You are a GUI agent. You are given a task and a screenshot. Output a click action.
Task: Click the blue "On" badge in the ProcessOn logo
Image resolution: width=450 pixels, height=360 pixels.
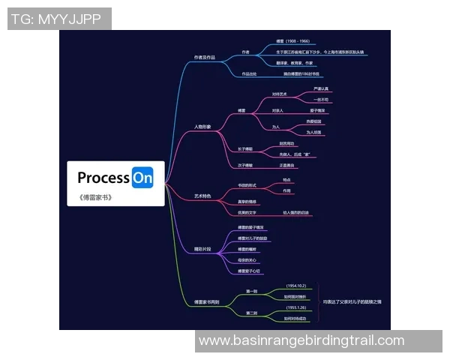tap(142, 178)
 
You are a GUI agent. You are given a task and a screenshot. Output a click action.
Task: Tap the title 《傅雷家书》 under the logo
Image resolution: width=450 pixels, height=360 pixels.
tap(94, 198)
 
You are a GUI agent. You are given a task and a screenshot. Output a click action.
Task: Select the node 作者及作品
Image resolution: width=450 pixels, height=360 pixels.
tap(205, 57)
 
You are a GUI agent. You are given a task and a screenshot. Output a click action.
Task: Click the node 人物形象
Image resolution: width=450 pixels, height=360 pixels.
tap(202, 127)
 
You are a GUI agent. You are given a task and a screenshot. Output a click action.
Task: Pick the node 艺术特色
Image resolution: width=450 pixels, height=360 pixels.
tap(202, 196)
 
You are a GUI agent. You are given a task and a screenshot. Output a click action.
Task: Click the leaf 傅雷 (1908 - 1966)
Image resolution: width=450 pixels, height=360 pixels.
tap(292, 41)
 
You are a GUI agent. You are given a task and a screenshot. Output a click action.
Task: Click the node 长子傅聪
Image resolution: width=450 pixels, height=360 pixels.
tap(245, 148)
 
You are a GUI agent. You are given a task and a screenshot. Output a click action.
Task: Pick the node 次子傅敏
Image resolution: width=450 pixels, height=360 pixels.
tap(245, 165)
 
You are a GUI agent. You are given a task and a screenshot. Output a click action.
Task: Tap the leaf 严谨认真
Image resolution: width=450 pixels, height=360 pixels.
tap(320, 88)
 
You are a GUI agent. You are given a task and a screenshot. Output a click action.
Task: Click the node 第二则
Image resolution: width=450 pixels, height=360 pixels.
tap(252, 313)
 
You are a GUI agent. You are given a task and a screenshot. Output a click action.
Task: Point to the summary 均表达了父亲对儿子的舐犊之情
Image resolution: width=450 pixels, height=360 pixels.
tap(352, 301)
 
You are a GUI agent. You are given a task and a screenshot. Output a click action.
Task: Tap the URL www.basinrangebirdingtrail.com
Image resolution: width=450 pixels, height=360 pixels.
tap(301, 340)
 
